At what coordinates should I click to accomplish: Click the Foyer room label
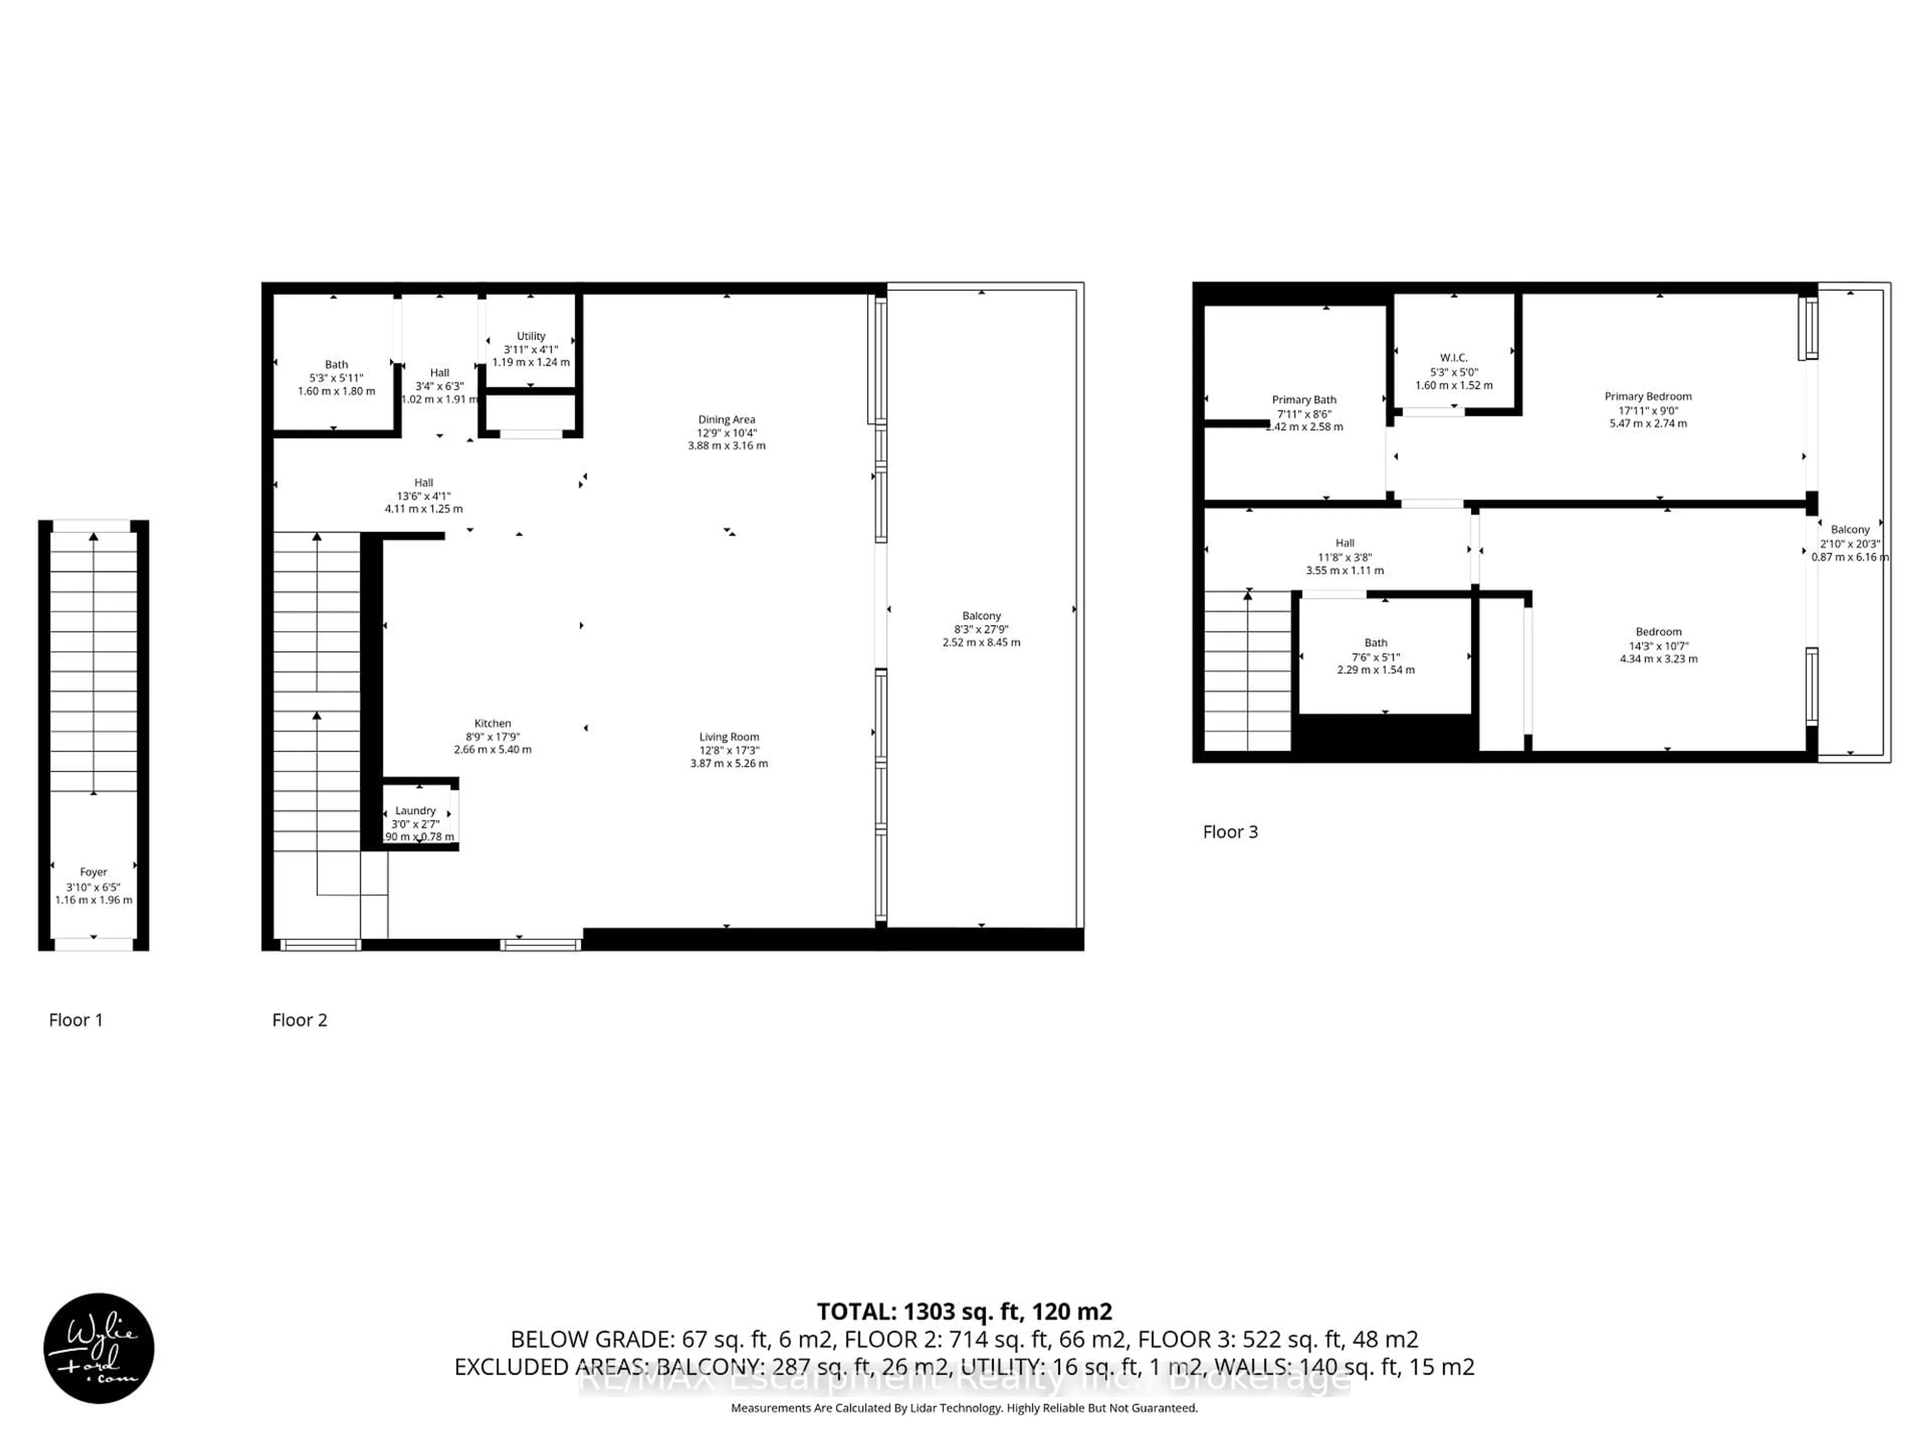click(x=93, y=871)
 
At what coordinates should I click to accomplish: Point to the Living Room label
click(x=728, y=737)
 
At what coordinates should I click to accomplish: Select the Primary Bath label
click(x=1303, y=399)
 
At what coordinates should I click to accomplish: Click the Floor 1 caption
click(x=76, y=1019)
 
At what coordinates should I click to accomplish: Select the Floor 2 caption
click(x=299, y=1019)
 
